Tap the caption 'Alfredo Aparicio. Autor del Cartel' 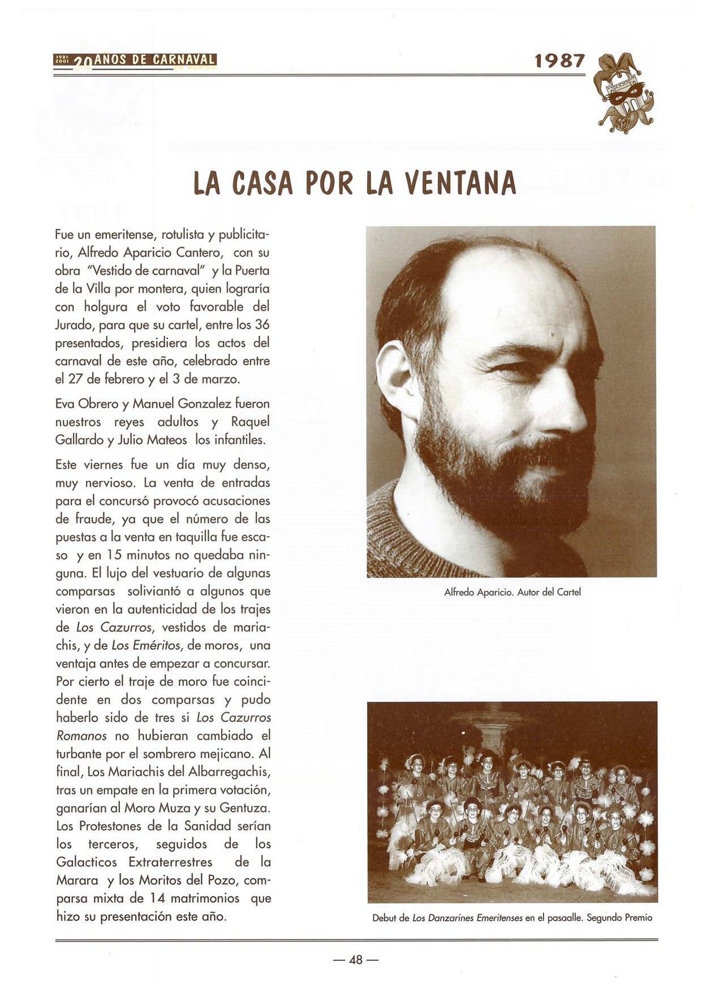pyautogui.click(x=512, y=592)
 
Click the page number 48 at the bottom pyautogui.click(x=356, y=959)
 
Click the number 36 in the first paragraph pyautogui.click(x=262, y=325)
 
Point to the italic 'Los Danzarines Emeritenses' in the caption pyautogui.click(x=467, y=917)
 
